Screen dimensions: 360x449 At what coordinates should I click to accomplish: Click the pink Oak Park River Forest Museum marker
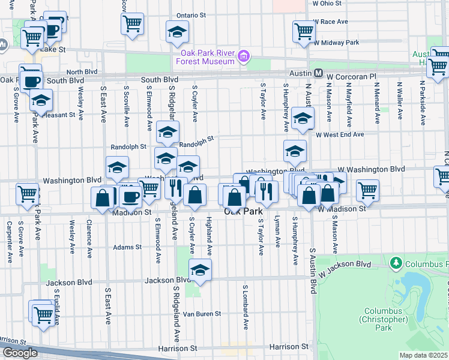click(243, 57)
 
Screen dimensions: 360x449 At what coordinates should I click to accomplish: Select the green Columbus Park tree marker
click(396, 263)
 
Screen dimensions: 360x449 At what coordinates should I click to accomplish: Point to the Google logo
click(20, 353)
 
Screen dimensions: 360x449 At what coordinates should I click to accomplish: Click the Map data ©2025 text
click(424, 355)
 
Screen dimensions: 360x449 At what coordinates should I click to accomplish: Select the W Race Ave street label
click(331, 22)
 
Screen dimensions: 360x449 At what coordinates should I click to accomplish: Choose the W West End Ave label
click(340, 135)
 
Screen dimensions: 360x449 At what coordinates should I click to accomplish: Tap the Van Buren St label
click(202, 314)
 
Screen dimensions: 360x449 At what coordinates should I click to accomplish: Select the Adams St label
click(127, 247)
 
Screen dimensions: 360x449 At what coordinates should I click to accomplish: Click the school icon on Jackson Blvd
click(200, 271)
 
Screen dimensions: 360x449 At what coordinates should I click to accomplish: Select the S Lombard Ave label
click(246, 307)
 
